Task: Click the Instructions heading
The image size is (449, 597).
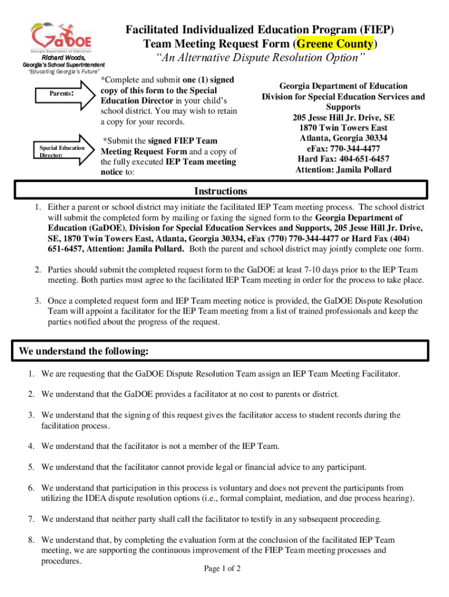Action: (x=220, y=191)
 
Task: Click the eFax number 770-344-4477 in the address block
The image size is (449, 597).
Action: (x=343, y=149)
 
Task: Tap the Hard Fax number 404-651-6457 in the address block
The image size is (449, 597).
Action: (x=343, y=159)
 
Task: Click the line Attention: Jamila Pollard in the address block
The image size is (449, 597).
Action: (x=343, y=170)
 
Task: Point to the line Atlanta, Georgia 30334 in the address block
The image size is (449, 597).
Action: (x=343, y=138)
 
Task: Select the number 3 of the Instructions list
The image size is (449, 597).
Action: (x=36, y=301)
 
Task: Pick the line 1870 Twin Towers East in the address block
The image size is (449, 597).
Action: (x=343, y=128)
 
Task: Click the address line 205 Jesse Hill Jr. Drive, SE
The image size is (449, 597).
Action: (x=343, y=117)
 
